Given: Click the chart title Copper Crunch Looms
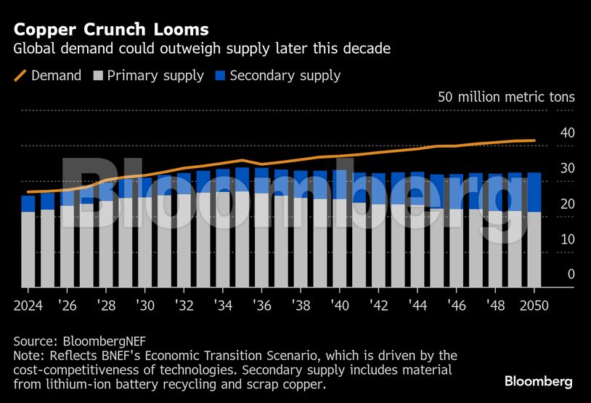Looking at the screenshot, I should pyautogui.click(x=111, y=30).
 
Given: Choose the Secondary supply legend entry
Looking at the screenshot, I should pyautogui.click(x=277, y=75).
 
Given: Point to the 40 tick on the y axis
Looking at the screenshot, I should pyautogui.click(x=567, y=133).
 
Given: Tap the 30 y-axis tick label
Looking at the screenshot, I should pyautogui.click(x=567, y=168).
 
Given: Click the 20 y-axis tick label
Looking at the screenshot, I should pyautogui.click(x=567, y=204).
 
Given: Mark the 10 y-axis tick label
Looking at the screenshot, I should pyautogui.click(x=567, y=239).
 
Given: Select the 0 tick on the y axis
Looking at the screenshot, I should pyautogui.click(x=571, y=274).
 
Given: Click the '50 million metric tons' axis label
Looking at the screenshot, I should pyautogui.click(x=505, y=97).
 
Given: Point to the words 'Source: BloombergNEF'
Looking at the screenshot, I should pyautogui.click(x=73, y=340).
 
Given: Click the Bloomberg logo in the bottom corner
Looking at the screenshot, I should pyautogui.click(x=538, y=381).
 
